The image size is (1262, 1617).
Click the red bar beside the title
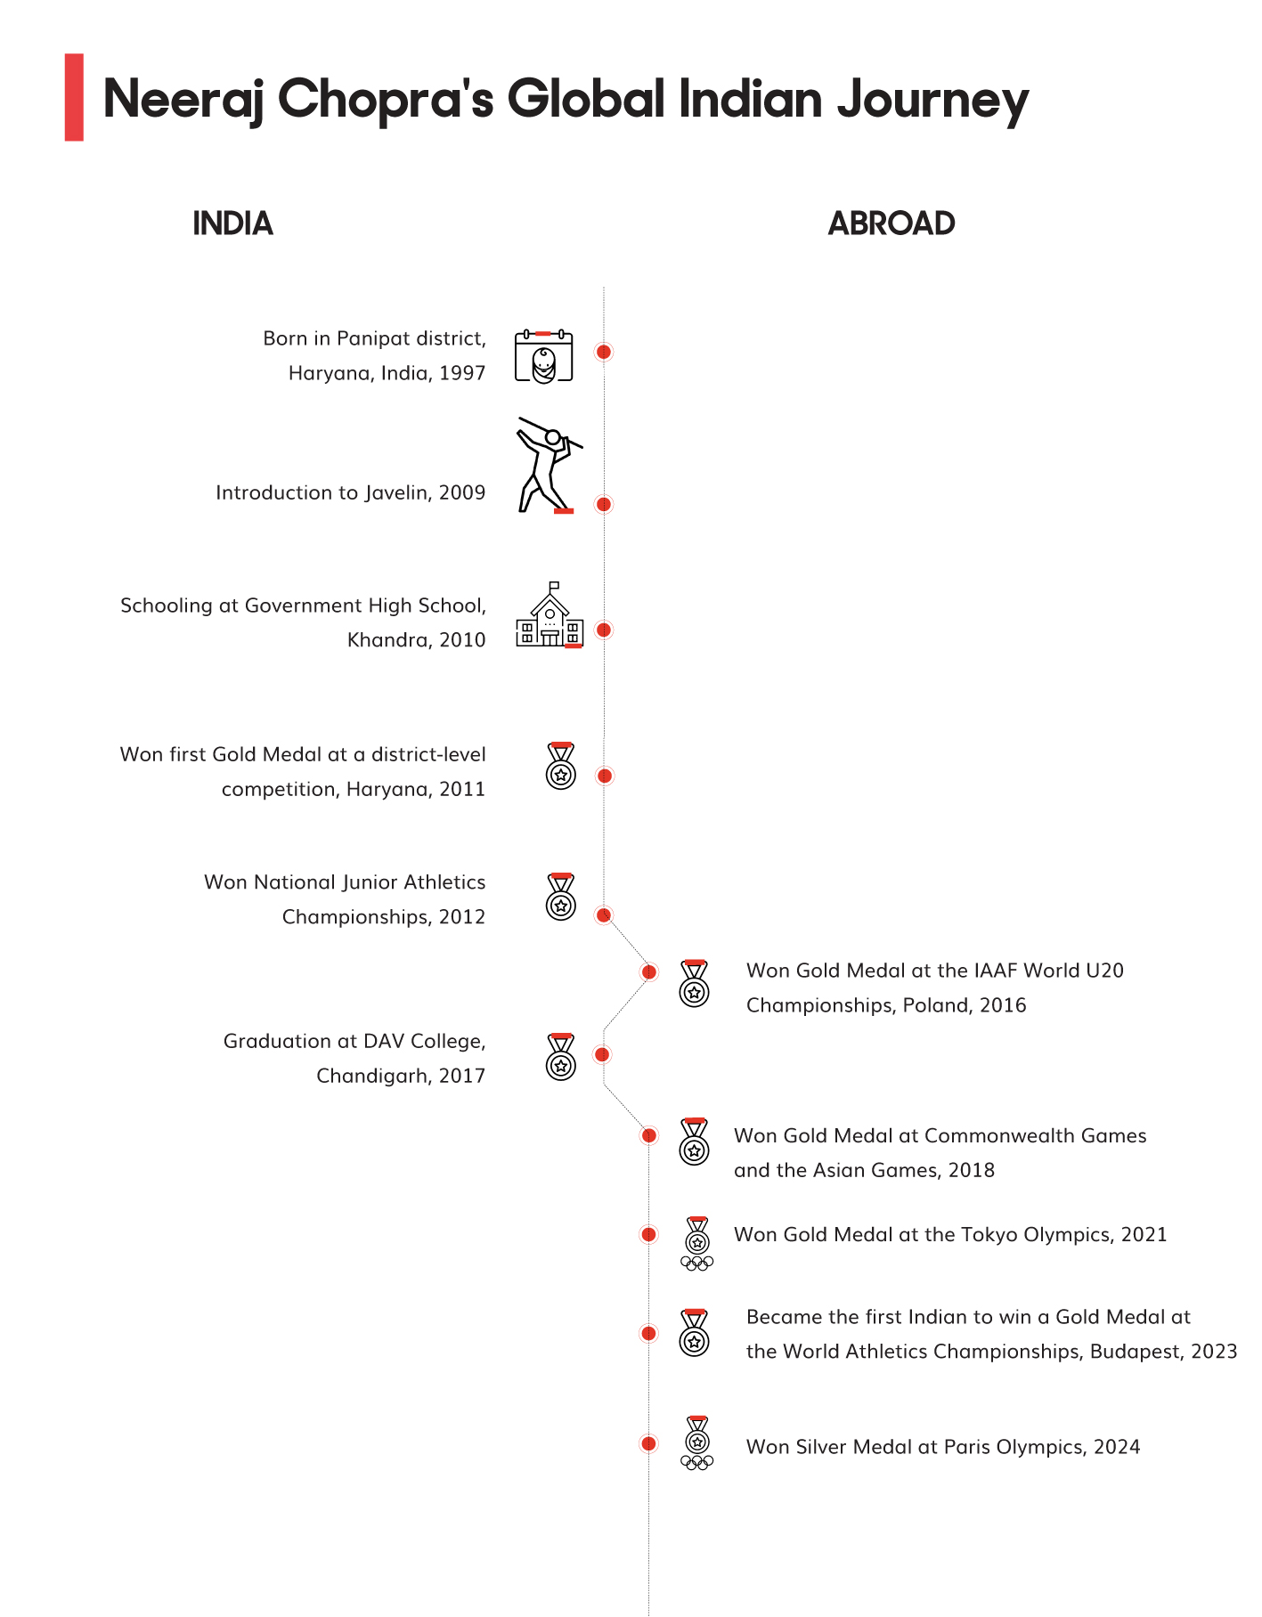click(x=74, y=97)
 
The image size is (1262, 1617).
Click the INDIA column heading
click(x=232, y=223)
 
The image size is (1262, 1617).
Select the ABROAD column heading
click(x=892, y=223)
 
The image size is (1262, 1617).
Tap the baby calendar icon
click(x=543, y=356)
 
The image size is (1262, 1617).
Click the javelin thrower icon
click(x=547, y=465)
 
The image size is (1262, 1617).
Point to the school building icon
click(x=550, y=616)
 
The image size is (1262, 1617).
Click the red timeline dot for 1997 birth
click(x=604, y=352)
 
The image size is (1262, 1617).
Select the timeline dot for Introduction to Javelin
click(x=604, y=505)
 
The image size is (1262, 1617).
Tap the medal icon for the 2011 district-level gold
click(x=561, y=766)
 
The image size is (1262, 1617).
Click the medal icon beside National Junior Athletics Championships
click(x=561, y=897)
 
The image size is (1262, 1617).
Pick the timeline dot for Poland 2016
click(x=649, y=971)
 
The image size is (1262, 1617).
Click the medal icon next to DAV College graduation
click(x=561, y=1057)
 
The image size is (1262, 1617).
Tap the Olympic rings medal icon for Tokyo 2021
click(x=697, y=1243)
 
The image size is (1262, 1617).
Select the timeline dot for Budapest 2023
click(x=649, y=1333)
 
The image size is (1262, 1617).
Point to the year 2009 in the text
click(x=462, y=492)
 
